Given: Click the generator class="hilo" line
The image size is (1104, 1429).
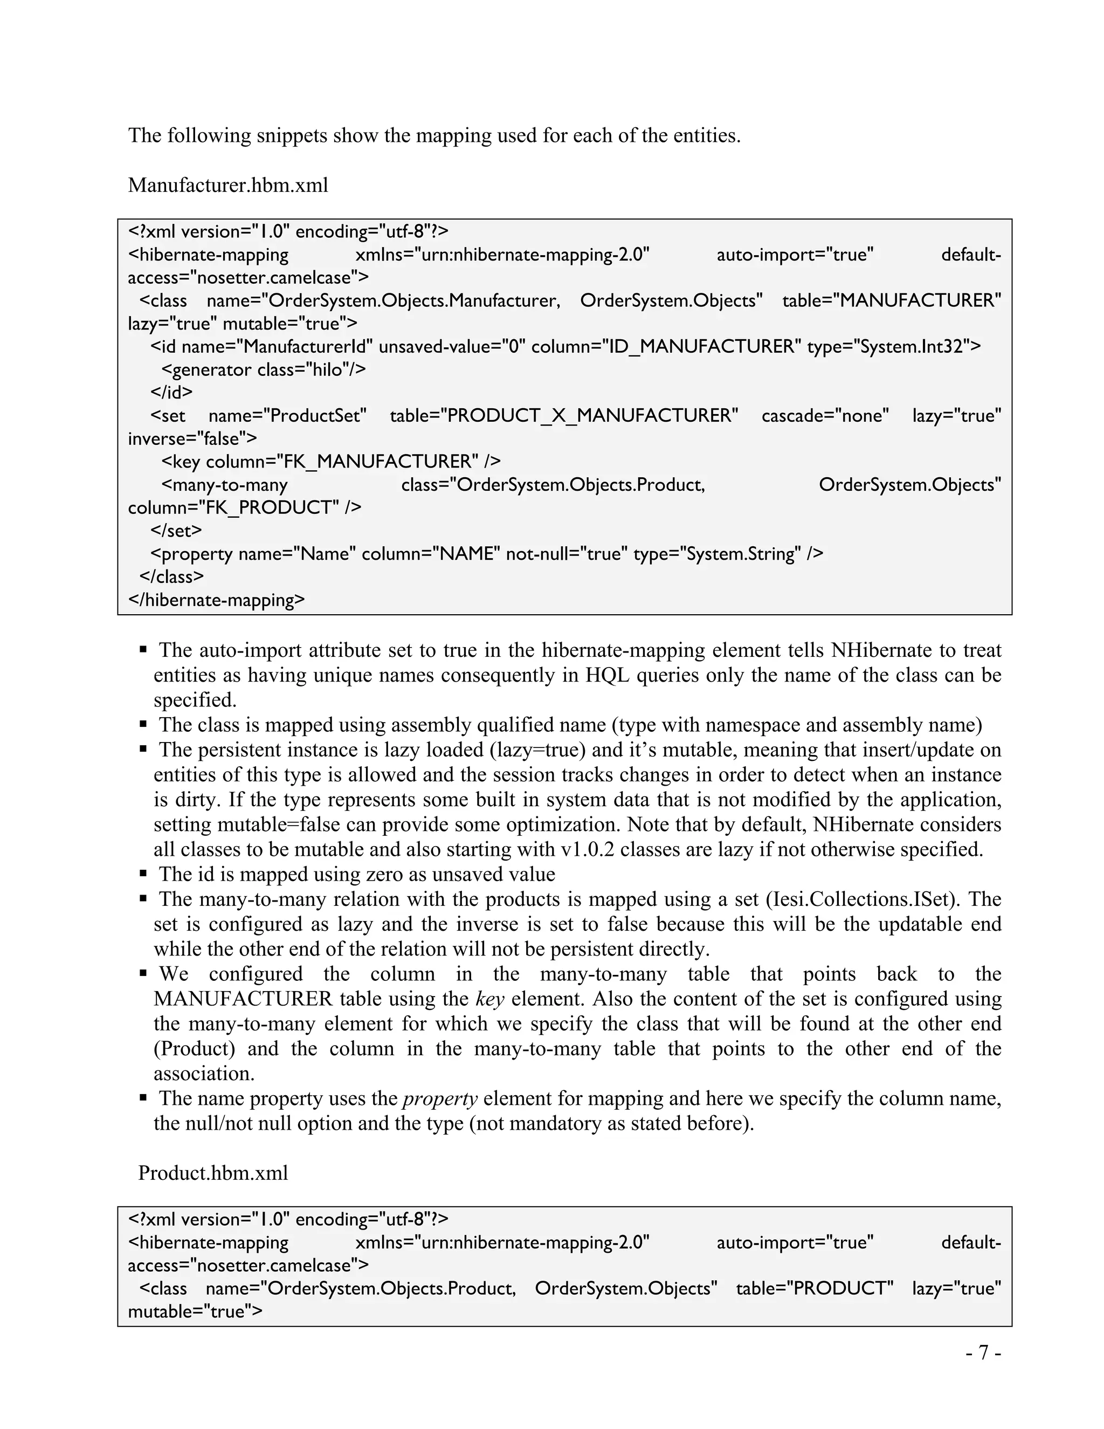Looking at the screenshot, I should (x=263, y=370).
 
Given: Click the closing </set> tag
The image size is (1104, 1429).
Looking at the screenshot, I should (x=176, y=530).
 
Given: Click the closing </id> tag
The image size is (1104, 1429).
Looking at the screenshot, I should (x=171, y=392).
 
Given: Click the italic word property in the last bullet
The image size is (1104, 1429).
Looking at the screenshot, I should (x=440, y=1098).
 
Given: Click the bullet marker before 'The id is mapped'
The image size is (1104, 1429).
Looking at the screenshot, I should (x=143, y=874).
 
